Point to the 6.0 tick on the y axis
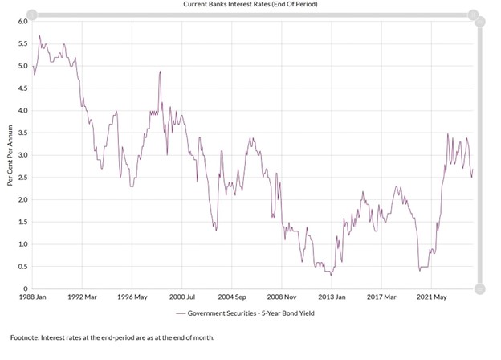pos(22,22)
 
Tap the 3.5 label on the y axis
pos(22,133)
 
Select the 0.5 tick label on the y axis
pos(22,266)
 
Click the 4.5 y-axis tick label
pos(22,88)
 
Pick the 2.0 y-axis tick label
pos(22,199)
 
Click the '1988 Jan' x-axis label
pos(33,297)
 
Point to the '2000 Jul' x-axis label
pos(183,297)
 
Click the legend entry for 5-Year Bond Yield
pos(248,312)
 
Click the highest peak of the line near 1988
pos(39,35)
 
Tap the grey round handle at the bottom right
pos(479,288)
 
